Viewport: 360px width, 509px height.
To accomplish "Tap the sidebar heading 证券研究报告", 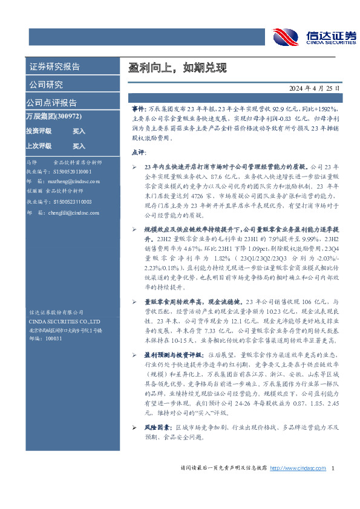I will pyautogui.click(x=54, y=66).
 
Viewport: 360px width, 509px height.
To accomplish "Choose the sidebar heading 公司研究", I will pyautogui.click(x=46, y=84).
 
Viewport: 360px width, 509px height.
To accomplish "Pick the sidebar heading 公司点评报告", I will pyautogui.click(x=51, y=102).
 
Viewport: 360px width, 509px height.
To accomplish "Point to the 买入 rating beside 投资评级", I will pyautogui.click(x=79, y=131).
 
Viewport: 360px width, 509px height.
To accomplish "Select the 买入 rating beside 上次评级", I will pyautogui.click(x=79, y=146).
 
